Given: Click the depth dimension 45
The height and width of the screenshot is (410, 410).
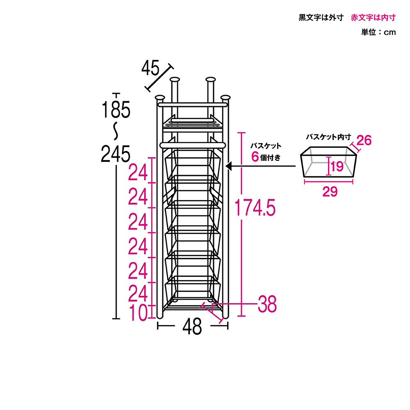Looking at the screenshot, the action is coord(150,68).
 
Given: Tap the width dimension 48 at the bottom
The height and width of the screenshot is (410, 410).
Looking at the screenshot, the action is coord(192,326).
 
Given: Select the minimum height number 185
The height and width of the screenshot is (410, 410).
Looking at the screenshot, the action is coord(116,109).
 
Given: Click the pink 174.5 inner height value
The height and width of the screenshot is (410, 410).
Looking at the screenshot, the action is coord(255,207).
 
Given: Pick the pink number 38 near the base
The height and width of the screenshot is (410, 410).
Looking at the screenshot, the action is coord(267,304).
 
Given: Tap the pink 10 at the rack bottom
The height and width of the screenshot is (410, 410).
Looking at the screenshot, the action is coord(138,313).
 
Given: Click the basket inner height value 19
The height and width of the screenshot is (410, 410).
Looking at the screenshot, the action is coord(337,166).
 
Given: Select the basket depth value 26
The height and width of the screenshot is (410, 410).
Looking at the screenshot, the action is coord(364,140).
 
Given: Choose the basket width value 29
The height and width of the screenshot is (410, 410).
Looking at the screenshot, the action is coord(330,191).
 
